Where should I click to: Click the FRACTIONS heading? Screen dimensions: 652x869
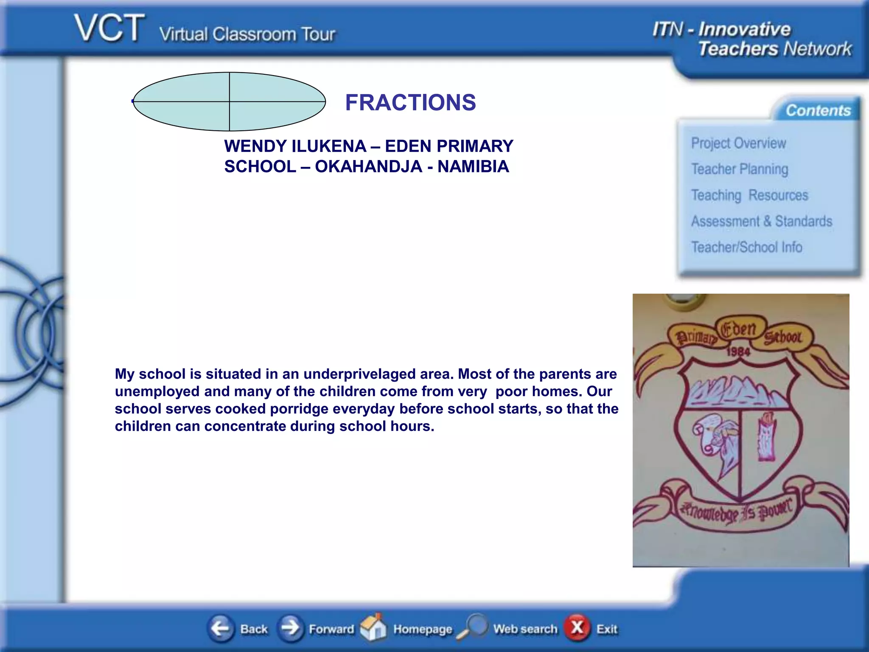click(410, 103)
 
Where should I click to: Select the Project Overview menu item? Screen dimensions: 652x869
click(738, 143)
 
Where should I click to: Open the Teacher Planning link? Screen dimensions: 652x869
click(740, 169)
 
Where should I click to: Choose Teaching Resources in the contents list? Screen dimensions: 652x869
click(749, 195)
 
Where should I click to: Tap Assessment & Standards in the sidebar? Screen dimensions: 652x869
click(761, 222)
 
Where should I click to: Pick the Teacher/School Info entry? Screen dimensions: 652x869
click(746, 247)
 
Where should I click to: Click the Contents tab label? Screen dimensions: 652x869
click(818, 111)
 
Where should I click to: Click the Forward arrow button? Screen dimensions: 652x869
click(291, 628)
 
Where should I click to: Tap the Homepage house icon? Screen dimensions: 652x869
click(373, 627)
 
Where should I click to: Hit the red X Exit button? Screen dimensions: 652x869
click(577, 627)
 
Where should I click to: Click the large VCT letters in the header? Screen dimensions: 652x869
click(110, 28)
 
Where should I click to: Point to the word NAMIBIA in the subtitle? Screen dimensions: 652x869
click(473, 166)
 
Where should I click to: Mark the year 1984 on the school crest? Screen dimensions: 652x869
click(738, 351)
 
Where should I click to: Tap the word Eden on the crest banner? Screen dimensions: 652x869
click(739, 329)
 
